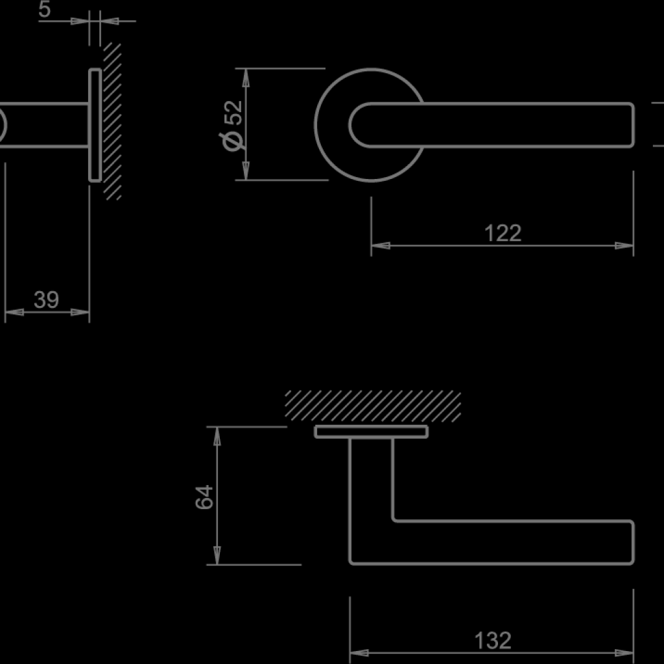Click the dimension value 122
pyautogui.click(x=503, y=233)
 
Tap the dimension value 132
pyautogui.click(x=493, y=641)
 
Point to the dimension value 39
pyautogui.click(x=46, y=300)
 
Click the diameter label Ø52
pyautogui.click(x=233, y=124)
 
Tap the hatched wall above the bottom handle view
pyautogui.click(x=373, y=406)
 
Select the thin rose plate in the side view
pyautogui.click(x=95, y=124)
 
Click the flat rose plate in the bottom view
pyautogui.click(x=371, y=432)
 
